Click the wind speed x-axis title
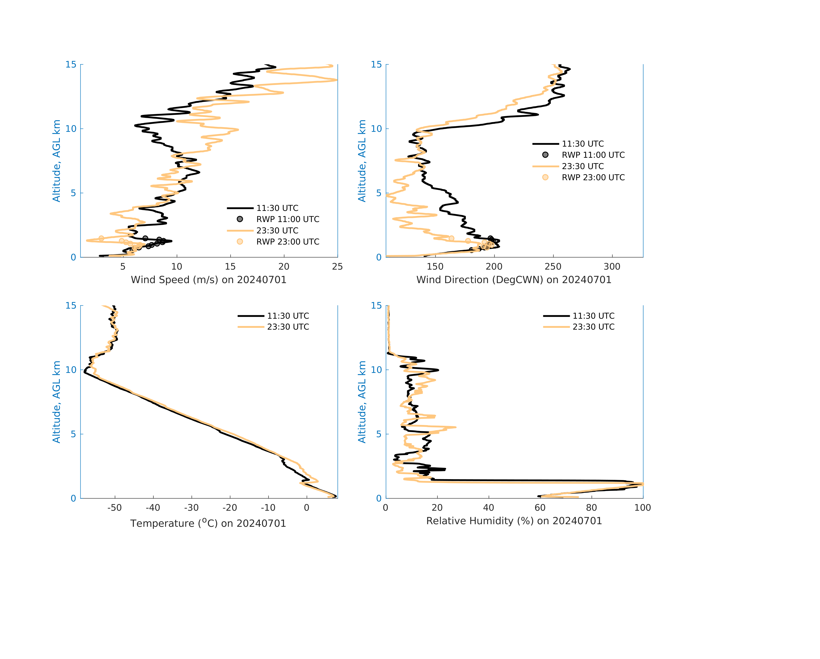[208, 280]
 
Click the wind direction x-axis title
[514, 280]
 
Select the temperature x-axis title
[208, 523]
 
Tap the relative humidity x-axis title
[514, 521]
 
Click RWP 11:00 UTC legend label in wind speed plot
[287, 219]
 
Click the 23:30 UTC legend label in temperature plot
[288, 327]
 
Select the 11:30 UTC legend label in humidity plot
[593, 316]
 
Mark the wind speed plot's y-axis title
[56, 161]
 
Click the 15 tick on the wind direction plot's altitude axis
[376, 65]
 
